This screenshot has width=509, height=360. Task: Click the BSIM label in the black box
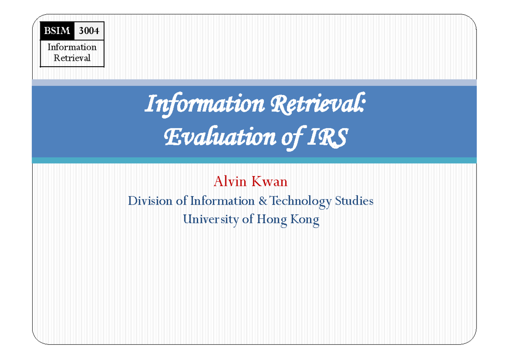57,31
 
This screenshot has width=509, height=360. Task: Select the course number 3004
89,31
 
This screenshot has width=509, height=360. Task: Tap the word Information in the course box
72,47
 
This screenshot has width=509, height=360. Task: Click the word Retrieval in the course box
72,58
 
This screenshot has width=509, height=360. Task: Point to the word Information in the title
201,104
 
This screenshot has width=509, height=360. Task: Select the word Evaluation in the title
214,138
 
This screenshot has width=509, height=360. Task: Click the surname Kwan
269,182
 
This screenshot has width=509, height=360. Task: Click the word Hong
273,220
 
